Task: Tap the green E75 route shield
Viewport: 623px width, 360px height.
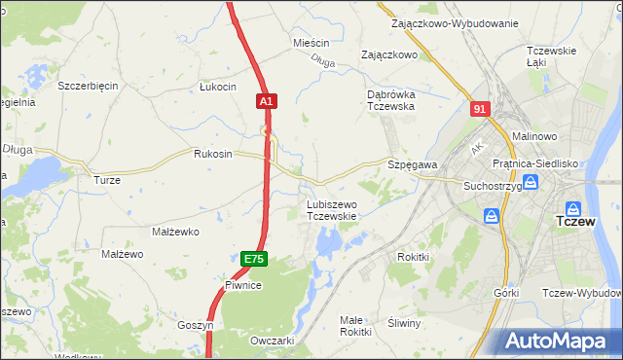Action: click(253, 259)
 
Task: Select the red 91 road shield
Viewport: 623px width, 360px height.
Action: click(478, 110)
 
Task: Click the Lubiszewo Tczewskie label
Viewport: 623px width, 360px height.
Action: click(332, 210)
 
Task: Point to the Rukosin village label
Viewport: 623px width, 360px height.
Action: click(213, 154)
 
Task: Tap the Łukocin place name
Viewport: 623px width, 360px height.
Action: click(218, 87)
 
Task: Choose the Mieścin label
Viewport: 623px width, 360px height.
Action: click(311, 44)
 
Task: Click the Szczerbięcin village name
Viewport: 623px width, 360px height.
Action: click(88, 86)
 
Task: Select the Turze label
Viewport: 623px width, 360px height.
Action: click(106, 180)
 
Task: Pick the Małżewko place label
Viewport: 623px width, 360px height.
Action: click(175, 232)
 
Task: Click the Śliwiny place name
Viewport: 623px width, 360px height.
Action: click(403, 323)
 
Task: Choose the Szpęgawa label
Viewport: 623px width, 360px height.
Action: click(413, 165)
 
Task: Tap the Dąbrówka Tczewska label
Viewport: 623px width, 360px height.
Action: click(391, 100)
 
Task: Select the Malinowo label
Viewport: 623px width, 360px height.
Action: click(531, 137)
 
